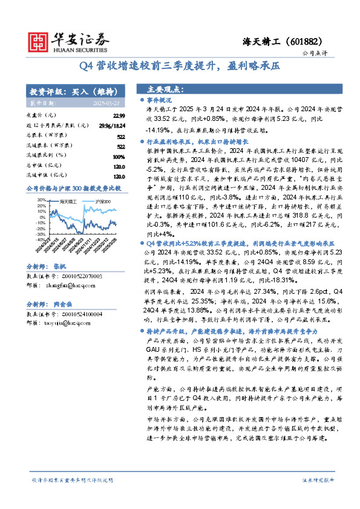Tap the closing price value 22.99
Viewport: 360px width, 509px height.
(x=119, y=115)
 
